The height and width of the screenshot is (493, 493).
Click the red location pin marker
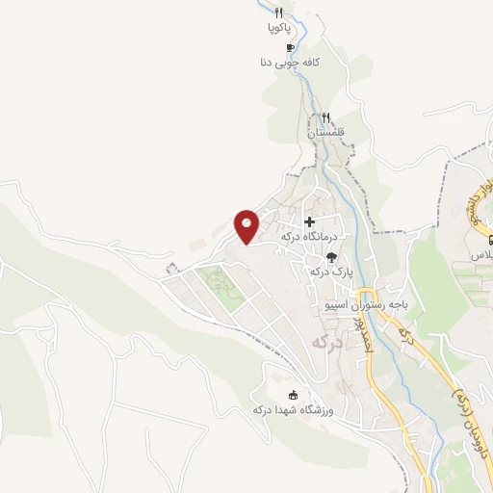tap(247, 225)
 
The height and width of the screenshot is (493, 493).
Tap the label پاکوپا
tap(279, 29)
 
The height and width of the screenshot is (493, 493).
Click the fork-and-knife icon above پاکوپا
tap(279, 13)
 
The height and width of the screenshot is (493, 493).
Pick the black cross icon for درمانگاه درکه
tap(309, 221)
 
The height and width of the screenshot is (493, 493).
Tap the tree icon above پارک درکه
tap(331, 257)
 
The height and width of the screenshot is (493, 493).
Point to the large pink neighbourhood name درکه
tap(328, 341)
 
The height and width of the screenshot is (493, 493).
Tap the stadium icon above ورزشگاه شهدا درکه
tap(292, 394)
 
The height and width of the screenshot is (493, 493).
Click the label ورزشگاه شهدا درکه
tap(292, 410)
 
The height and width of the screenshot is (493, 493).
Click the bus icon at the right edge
tap(489, 240)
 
